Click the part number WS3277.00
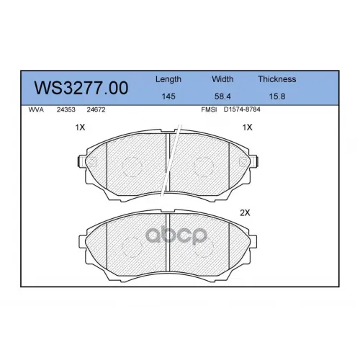[81, 88]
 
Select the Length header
[168, 79]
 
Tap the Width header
[222, 79]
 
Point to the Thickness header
[277, 79]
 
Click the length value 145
[168, 96]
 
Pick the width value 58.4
[222, 96]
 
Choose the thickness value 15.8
[277, 96]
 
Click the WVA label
[36, 109]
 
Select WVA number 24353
[66, 109]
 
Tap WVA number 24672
[96, 109]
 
